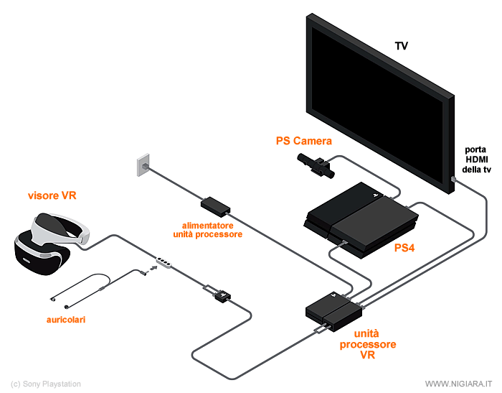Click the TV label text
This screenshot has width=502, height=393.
pyautogui.click(x=402, y=46)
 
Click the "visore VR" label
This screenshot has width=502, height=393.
pyautogui.click(x=51, y=195)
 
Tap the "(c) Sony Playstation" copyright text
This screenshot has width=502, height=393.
pyautogui.click(x=46, y=384)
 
